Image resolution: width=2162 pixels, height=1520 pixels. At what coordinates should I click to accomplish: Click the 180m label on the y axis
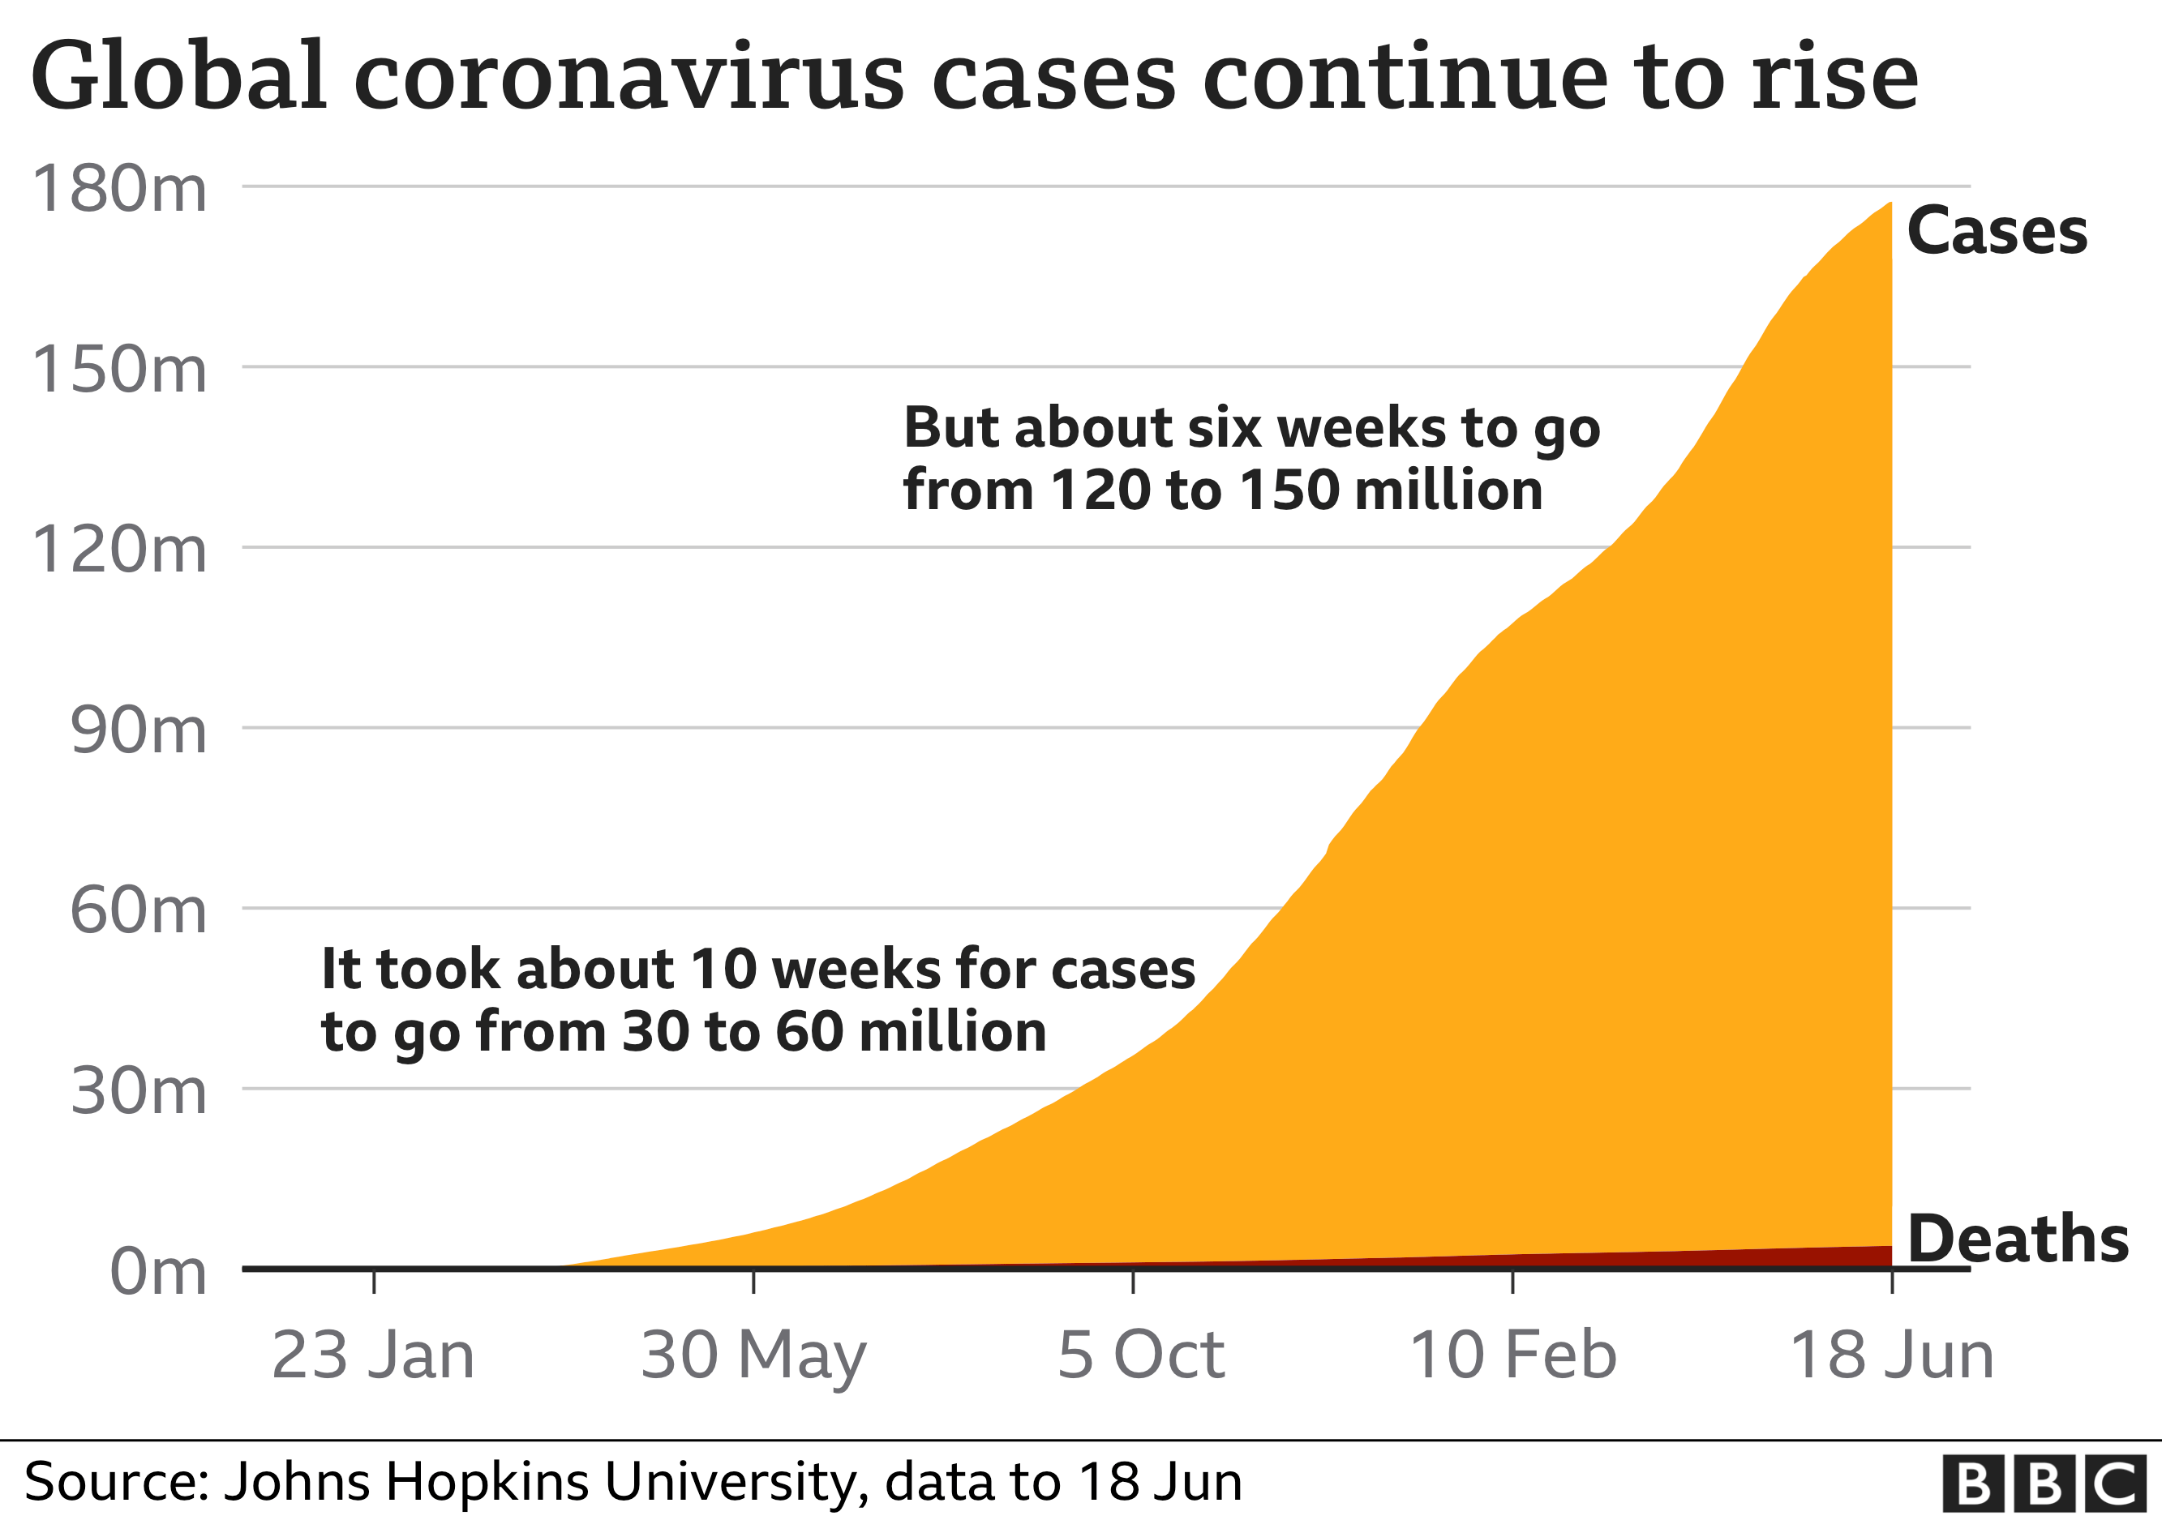pyautogui.click(x=118, y=188)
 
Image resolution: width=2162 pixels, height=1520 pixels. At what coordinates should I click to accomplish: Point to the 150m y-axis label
pyautogui.click(x=118, y=369)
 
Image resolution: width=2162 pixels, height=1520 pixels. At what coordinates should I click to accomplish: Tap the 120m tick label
pyautogui.click(x=118, y=550)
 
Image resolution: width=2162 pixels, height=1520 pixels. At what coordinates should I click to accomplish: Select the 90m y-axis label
pyautogui.click(x=138, y=730)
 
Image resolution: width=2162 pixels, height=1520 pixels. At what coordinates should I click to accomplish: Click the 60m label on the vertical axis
pyautogui.click(x=138, y=911)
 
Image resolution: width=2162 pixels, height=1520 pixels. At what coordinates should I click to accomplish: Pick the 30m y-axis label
pyautogui.click(x=138, y=1092)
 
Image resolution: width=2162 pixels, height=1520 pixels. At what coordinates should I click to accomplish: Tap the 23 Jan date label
pyautogui.click(x=373, y=1356)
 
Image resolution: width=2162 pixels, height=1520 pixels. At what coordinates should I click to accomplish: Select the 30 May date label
pyautogui.click(x=753, y=1356)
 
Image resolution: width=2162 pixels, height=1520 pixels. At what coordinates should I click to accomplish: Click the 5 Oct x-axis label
pyautogui.click(x=1140, y=1356)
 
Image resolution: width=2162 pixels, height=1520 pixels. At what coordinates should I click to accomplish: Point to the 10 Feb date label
pyautogui.click(x=1512, y=1356)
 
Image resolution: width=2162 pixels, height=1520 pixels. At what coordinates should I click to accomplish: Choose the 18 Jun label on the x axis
pyautogui.click(x=1891, y=1356)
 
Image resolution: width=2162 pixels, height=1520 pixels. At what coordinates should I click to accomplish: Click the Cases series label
pyautogui.click(x=1997, y=232)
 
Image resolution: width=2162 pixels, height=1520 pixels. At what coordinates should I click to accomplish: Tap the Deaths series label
pyautogui.click(x=2017, y=1240)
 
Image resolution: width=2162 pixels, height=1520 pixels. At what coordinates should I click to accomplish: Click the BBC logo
pyautogui.click(x=2044, y=1484)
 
